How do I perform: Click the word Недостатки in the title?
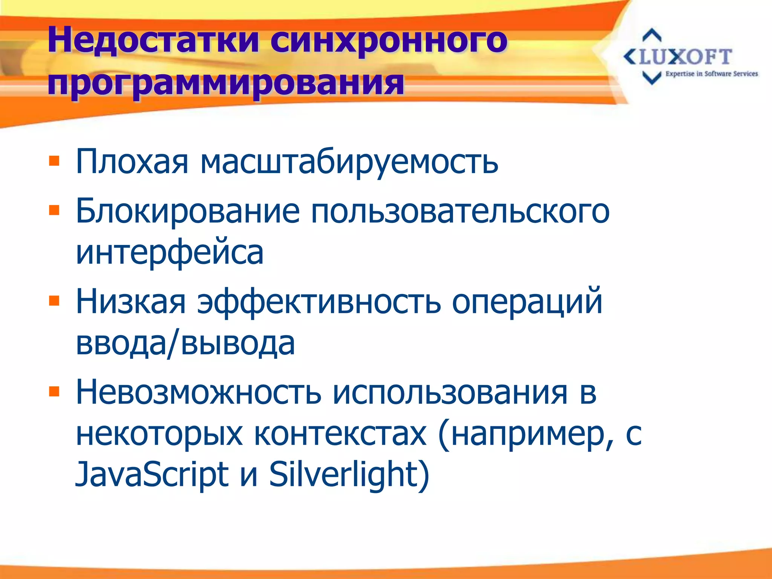153,40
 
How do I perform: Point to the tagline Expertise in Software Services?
711,74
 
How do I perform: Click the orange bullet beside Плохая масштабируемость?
54,161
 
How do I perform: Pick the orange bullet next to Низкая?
54,300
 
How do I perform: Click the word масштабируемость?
349,162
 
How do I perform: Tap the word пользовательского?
460,211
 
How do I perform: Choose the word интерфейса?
170,253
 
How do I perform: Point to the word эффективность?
319,302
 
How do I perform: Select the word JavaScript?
152,474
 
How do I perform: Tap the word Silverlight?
349,474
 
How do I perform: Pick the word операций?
527,302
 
